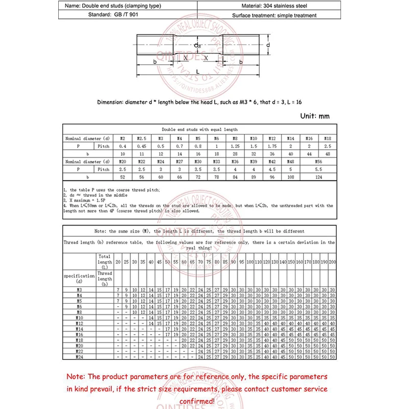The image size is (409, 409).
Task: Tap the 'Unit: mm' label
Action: point(315,116)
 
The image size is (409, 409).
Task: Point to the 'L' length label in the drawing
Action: point(197,73)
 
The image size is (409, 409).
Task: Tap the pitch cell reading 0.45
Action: point(141,146)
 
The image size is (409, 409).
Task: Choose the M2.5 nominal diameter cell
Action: point(141,139)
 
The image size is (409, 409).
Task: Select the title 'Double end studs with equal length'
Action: point(199,130)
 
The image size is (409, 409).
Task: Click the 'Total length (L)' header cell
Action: point(105,261)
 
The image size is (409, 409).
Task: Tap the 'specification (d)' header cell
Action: point(79,279)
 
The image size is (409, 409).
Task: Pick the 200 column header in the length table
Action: point(332,262)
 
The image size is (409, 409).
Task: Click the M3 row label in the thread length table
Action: point(79,290)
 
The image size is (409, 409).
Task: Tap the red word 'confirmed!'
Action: point(197,401)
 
